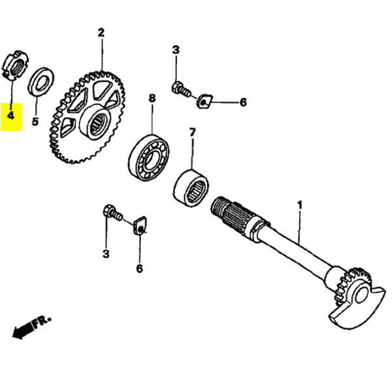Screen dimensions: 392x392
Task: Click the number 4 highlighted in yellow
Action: pyautogui.click(x=10, y=116)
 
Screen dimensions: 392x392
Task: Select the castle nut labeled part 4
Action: pyautogui.click(x=14, y=65)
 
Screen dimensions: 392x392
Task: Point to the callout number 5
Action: pyautogui.click(x=35, y=121)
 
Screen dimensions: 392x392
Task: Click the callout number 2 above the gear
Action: pyautogui.click(x=101, y=32)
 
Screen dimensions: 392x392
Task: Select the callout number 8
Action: pyautogui.click(x=152, y=99)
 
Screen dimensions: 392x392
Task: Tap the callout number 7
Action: pyautogui.click(x=192, y=133)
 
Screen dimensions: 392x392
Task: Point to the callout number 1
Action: pyautogui.click(x=300, y=205)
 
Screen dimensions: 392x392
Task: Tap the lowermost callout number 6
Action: pyautogui.click(x=139, y=269)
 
